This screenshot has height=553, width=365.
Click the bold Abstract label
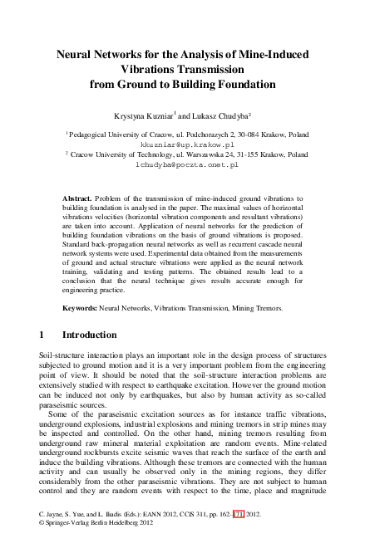79,200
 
